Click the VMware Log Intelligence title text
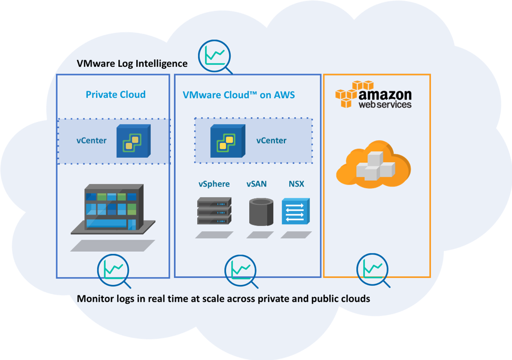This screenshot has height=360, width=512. pyautogui.click(x=132, y=63)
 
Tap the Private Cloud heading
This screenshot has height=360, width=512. pyautogui.click(x=116, y=95)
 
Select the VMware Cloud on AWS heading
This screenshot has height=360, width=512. pyautogui.click(x=239, y=95)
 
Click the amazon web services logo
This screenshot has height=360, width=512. pyautogui.click(x=373, y=94)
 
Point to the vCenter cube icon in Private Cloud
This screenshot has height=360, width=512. pyautogui.click(x=134, y=141)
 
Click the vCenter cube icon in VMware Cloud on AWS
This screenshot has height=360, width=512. pyautogui.click(x=228, y=141)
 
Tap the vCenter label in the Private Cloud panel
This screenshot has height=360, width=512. pyautogui.click(x=91, y=140)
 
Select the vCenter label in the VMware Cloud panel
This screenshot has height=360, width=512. pyautogui.click(x=271, y=140)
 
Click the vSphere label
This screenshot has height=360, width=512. pyautogui.click(x=214, y=184)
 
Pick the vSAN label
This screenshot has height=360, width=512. pyautogui.click(x=257, y=184)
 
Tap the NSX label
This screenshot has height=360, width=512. pyautogui.click(x=296, y=184)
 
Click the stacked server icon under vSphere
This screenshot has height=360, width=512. pyautogui.click(x=214, y=211)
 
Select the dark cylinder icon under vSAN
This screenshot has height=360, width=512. pyautogui.click(x=261, y=212)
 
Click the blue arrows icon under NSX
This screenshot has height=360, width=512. pyautogui.click(x=295, y=211)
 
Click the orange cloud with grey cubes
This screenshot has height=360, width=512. pyautogui.click(x=373, y=164)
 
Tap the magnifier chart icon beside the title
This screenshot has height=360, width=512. pyautogui.click(x=214, y=56)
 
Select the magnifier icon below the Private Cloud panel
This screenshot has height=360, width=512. pyautogui.click(x=114, y=271)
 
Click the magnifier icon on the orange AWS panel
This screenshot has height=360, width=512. pyautogui.click(x=373, y=270)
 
